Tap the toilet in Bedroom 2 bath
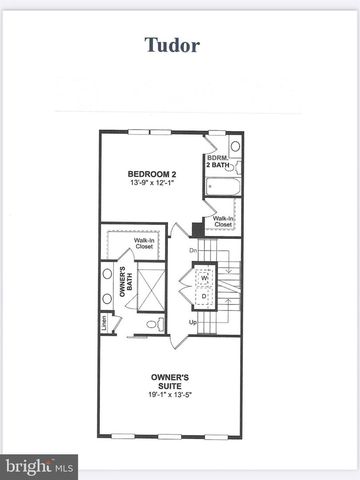(236, 146)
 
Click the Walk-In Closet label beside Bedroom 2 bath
(222, 222)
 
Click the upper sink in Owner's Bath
(106, 273)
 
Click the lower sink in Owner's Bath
(106, 297)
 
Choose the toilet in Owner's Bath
(151, 323)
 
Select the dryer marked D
(204, 296)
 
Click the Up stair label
(193, 323)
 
